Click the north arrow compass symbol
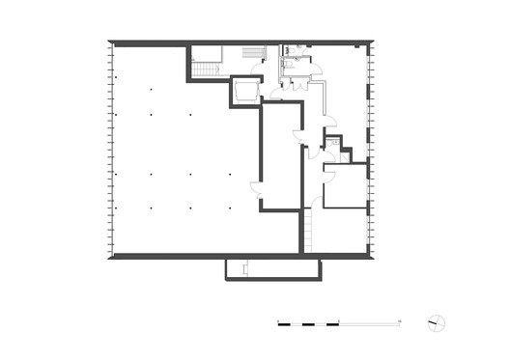coord(437,321)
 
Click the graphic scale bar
coord(338,321)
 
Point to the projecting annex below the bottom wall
coord(271,268)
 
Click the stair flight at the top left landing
coord(207,69)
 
